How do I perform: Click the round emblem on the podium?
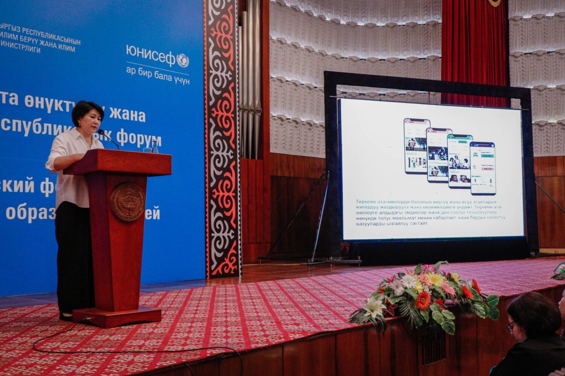(127, 202)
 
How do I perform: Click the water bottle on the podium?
(155, 146)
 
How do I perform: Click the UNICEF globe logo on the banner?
(183, 60)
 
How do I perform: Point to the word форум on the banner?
(139, 139)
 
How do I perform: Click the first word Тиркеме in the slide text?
(367, 202)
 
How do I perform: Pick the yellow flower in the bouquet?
(436, 279)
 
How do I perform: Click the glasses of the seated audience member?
(510, 326)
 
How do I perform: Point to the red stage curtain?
(475, 49)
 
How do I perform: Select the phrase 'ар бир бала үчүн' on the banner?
(158, 76)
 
